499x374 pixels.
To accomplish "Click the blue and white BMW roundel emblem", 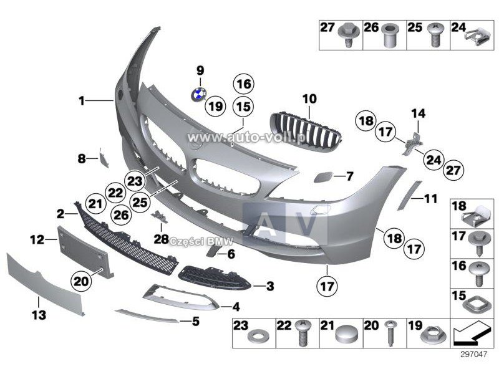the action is (x=199, y=94).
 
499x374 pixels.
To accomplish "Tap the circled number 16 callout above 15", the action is (x=244, y=84).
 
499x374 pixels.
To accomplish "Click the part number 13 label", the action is (x=39, y=315).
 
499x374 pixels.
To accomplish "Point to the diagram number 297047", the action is (x=473, y=354).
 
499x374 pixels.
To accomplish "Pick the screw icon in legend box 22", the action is (x=302, y=332).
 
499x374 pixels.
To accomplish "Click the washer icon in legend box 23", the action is (x=258, y=335).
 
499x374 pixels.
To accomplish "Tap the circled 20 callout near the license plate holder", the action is (x=81, y=281).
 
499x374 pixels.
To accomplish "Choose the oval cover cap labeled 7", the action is (x=323, y=177).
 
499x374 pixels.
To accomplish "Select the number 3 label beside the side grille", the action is (x=270, y=286).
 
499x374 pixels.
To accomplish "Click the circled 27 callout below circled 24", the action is (x=453, y=170).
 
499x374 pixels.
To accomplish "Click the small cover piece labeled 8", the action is (x=104, y=158).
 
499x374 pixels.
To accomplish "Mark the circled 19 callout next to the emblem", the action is (x=215, y=106).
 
